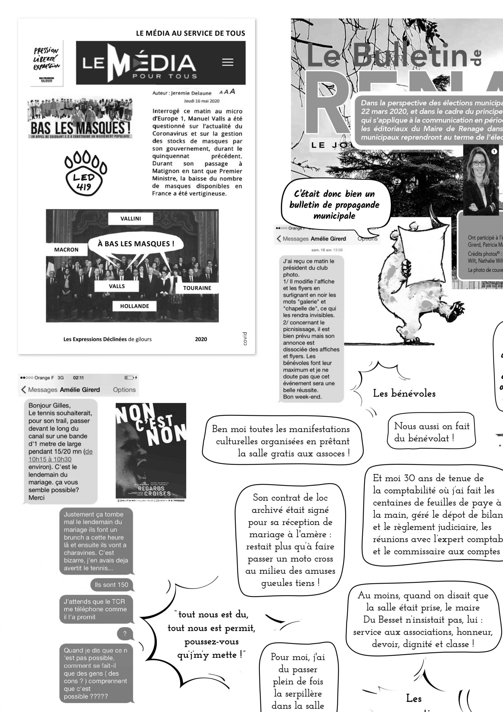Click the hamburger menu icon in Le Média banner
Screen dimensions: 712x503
[x=228, y=62]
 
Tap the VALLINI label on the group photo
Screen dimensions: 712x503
[x=131, y=219]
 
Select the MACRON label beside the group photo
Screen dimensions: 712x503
[x=66, y=250]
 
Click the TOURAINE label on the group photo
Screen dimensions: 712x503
[x=197, y=288]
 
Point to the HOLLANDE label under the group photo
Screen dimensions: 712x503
[x=135, y=306]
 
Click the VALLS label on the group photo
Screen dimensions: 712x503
[x=116, y=286]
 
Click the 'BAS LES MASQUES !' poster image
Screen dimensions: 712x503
[x=80, y=119]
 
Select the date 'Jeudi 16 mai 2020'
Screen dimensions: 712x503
[x=201, y=101]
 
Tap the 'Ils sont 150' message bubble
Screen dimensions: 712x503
[x=111, y=585]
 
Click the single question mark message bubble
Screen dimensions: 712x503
[x=125, y=634]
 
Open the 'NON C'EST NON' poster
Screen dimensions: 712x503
[x=151, y=452]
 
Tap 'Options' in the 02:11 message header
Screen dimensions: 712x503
[x=124, y=390]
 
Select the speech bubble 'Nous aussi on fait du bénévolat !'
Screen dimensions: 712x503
[x=431, y=432]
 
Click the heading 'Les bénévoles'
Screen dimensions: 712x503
[x=404, y=394]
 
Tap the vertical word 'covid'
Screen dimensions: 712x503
[x=245, y=339]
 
